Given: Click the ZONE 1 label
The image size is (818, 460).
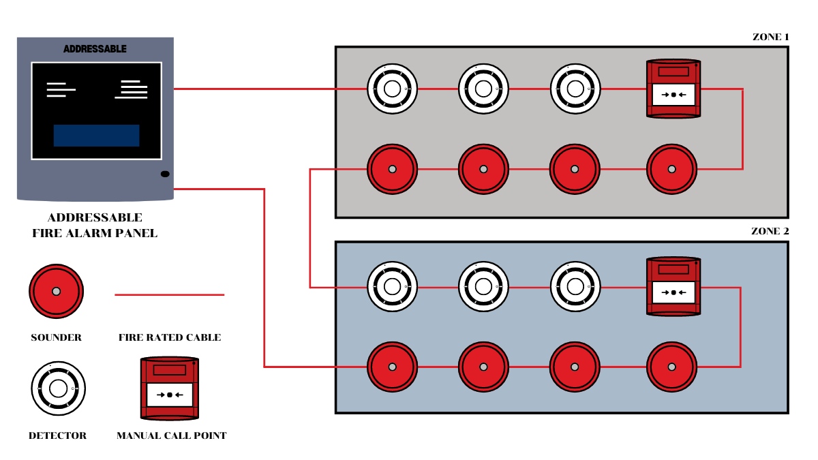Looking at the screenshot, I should pyautogui.click(x=770, y=37).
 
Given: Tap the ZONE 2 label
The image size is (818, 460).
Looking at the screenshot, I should pyautogui.click(x=770, y=232).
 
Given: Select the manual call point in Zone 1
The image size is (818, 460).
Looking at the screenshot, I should pyautogui.click(x=673, y=89).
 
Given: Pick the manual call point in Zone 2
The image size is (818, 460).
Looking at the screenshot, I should pyautogui.click(x=673, y=287).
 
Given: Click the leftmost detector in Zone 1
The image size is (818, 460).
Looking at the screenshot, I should pyautogui.click(x=392, y=89).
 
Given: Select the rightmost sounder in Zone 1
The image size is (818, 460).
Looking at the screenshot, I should pyautogui.click(x=671, y=169).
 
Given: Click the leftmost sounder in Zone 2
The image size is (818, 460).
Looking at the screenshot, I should pyautogui.click(x=392, y=367).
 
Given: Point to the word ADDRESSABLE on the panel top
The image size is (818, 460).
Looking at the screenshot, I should pyautogui.click(x=95, y=49).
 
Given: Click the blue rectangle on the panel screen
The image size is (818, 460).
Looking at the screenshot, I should pyautogui.click(x=96, y=136).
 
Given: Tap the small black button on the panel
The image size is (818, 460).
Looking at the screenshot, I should pyautogui.click(x=165, y=174).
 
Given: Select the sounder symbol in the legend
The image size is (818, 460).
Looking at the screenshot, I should pyautogui.click(x=56, y=291).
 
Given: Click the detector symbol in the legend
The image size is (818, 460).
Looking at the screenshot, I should pyautogui.click(x=58, y=388).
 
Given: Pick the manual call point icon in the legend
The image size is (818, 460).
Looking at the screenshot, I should pyautogui.click(x=169, y=388).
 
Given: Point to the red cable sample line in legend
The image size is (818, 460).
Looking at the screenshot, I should pyautogui.click(x=169, y=295).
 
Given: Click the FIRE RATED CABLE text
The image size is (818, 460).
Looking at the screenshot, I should pyautogui.click(x=169, y=337).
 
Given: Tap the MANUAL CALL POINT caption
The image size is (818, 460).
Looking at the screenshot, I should pyautogui.click(x=171, y=435).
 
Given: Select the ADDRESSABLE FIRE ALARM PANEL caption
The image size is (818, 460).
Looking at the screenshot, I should pyautogui.click(x=95, y=226).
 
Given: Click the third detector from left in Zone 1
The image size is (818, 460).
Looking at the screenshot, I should pyautogui.click(x=575, y=89).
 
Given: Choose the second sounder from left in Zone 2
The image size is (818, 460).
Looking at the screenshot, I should pyautogui.click(x=483, y=367).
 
